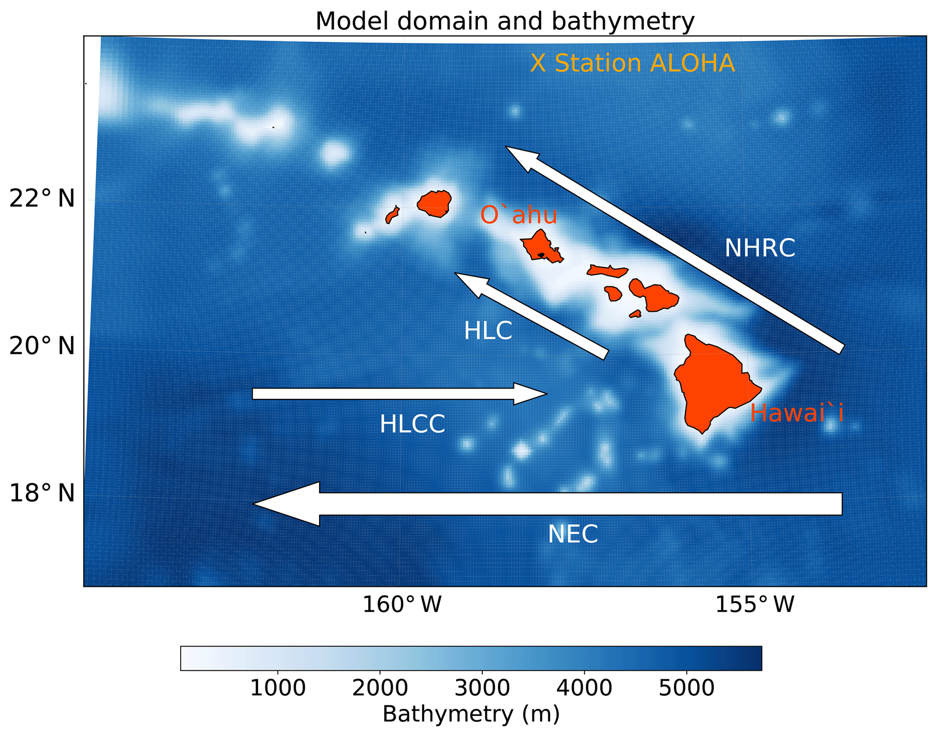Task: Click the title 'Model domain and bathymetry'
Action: [x=505, y=21]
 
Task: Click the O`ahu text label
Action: [x=519, y=215]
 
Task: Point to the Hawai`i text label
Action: [x=796, y=413]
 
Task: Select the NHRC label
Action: [x=760, y=248]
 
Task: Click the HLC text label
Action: [x=488, y=330]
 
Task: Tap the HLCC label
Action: [x=412, y=424]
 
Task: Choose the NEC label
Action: [x=573, y=534]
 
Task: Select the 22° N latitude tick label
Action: [x=42, y=198]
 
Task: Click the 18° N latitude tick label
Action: [x=42, y=493]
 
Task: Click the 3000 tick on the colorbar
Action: [x=482, y=688]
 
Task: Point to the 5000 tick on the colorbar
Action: [x=686, y=688]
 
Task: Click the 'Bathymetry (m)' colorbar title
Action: [x=471, y=714]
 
